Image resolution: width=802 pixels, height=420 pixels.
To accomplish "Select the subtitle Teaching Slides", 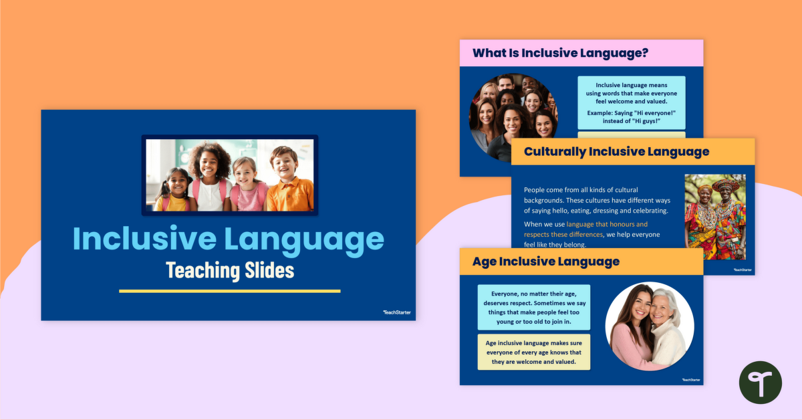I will pyautogui.click(x=229, y=271).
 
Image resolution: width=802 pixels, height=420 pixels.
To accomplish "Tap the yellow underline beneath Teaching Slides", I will pyautogui.click(x=229, y=291).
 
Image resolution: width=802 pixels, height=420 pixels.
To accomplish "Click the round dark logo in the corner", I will pyautogui.click(x=760, y=383).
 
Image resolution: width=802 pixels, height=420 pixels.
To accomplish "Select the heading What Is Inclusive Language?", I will pyautogui.click(x=560, y=53).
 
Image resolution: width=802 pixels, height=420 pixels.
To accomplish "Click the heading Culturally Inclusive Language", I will pyautogui.click(x=616, y=151).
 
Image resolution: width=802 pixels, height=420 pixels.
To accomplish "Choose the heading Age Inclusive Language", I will pyautogui.click(x=545, y=261).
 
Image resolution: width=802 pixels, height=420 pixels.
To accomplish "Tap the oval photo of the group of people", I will pyautogui.click(x=513, y=117).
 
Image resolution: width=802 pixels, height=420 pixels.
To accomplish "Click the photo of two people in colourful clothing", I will pyautogui.click(x=715, y=217).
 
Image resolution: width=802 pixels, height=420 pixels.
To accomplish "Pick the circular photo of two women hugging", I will pyautogui.click(x=649, y=326).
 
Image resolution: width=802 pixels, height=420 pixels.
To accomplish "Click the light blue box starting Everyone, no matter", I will pyautogui.click(x=534, y=307).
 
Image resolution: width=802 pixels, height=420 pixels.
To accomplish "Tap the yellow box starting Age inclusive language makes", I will pyautogui.click(x=534, y=352).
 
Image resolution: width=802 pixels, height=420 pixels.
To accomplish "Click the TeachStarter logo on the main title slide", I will pyautogui.click(x=394, y=312).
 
